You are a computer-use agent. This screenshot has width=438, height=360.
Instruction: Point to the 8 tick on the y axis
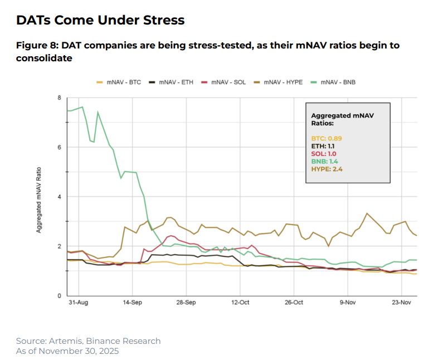point(60,98)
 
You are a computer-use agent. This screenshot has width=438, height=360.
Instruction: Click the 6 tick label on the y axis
point(60,147)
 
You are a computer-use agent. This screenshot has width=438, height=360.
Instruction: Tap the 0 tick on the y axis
point(60,295)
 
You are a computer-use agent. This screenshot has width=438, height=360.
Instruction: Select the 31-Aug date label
point(78,303)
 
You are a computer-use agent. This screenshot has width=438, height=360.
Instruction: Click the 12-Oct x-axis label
point(240,303)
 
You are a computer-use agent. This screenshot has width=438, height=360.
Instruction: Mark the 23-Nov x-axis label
point(402,303)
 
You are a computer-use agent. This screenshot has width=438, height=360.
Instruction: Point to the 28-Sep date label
point(186,303)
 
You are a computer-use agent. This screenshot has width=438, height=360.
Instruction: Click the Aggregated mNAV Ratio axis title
point(40,197)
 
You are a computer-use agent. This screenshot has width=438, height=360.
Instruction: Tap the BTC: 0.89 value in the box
point(326,138)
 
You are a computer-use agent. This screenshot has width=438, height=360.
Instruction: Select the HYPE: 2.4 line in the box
point(328,169)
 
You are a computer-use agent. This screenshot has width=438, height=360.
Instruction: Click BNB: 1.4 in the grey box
point(325,161)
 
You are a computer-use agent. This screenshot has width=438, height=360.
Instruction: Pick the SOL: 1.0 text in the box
point(324,153)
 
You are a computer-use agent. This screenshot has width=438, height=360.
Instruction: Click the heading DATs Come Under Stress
point(100,21)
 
